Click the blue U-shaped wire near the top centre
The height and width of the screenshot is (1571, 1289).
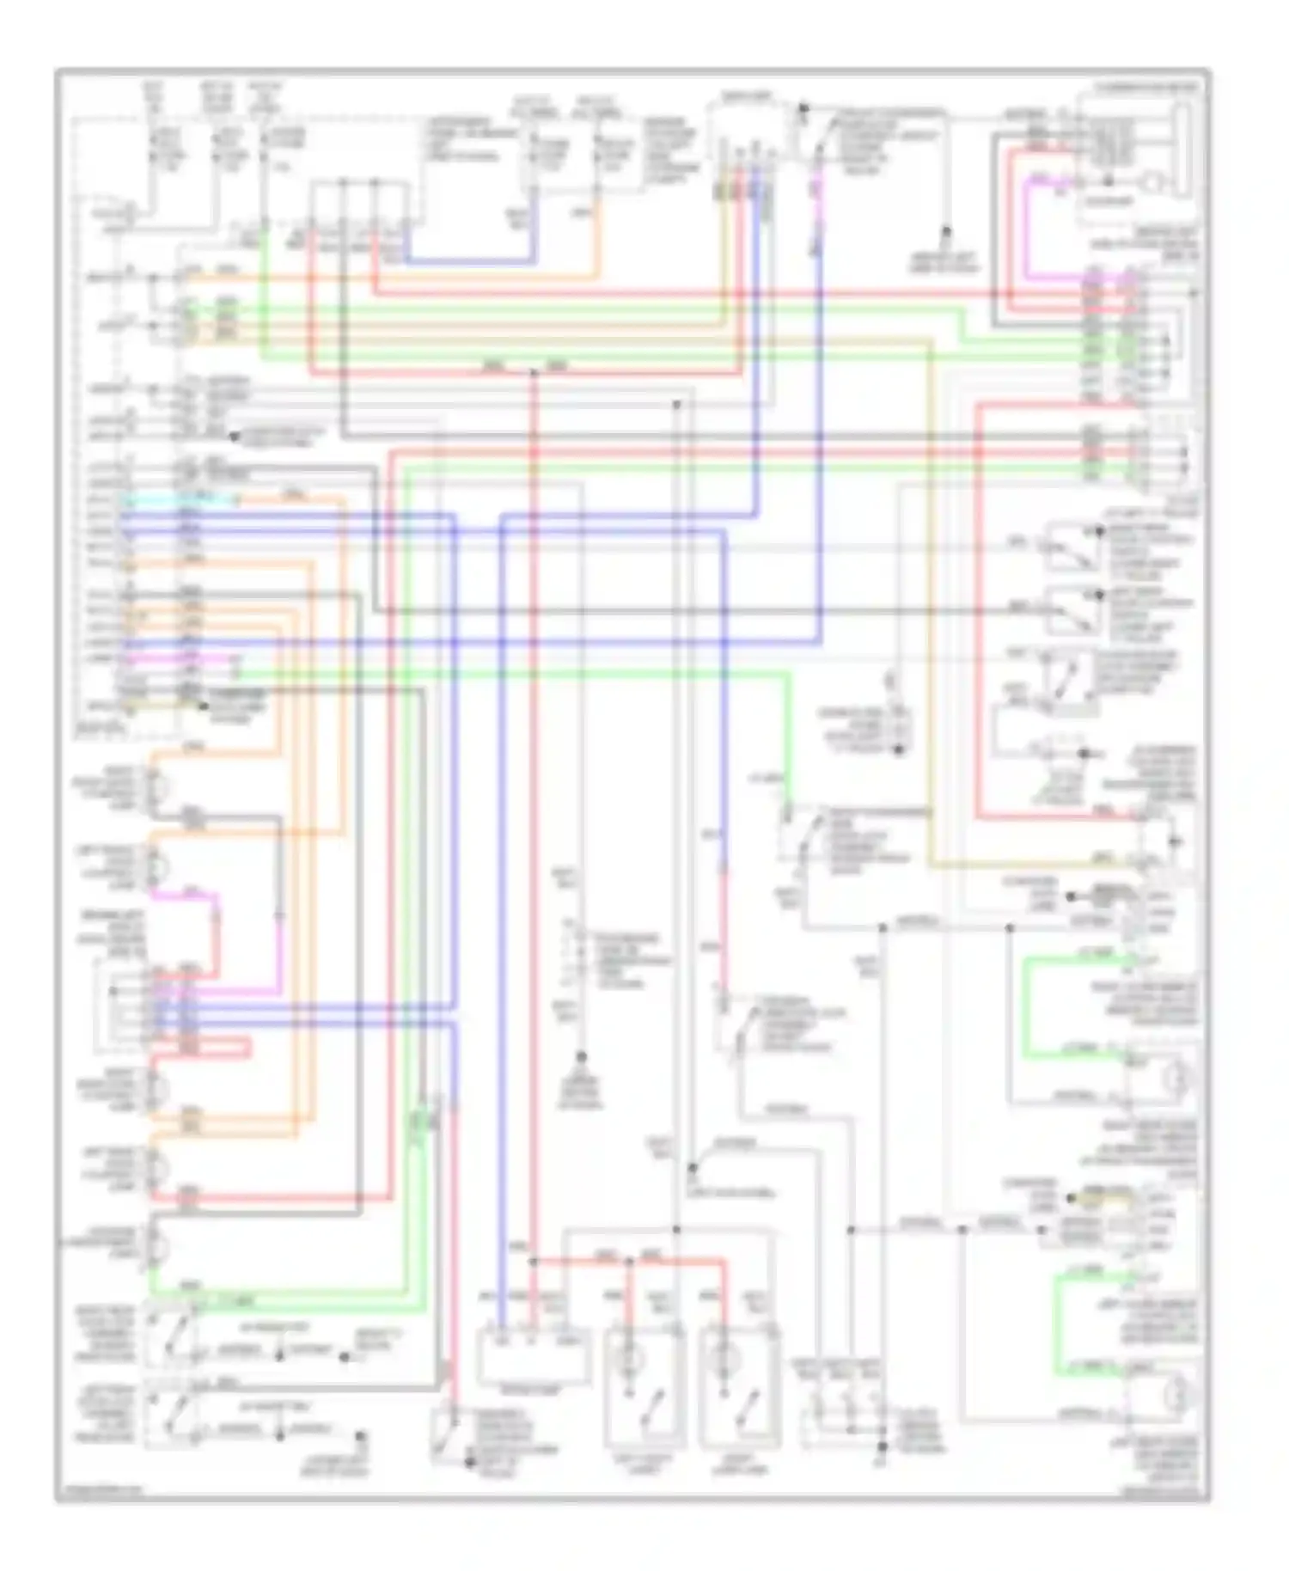(x=468, y=260)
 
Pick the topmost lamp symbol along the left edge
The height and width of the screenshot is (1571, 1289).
(x=157, y=786)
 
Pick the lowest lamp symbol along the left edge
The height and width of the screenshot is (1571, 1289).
(x=156, y=1244)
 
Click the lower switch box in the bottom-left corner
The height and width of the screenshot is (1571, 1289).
(x=169, y=1415)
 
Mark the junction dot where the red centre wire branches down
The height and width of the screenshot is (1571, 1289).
(x=534, y=1262)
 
